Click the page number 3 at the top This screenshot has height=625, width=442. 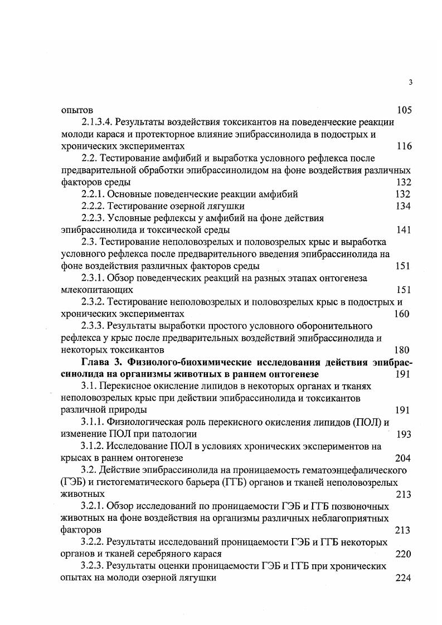[410, 83]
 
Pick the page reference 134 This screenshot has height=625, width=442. [403, 207]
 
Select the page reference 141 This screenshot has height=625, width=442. [403, 230]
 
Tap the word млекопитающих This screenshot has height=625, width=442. [98, 290]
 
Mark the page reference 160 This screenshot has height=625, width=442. [401, 314]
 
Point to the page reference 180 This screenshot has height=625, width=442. [401, 350]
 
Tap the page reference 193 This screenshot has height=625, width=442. [404, 434]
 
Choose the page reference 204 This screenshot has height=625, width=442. [402, 458]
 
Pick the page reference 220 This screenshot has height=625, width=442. [402, 554]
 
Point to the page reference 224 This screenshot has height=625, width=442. [402, 578]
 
